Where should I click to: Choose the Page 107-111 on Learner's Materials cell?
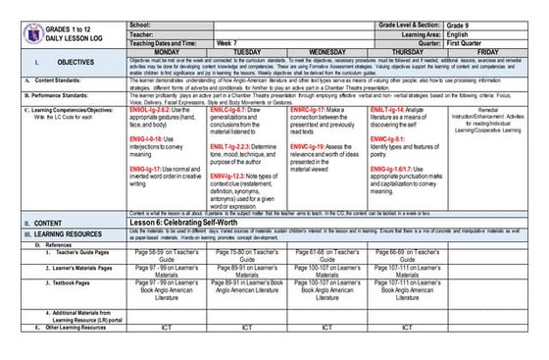pyautogui.click(x=407, y=274)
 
